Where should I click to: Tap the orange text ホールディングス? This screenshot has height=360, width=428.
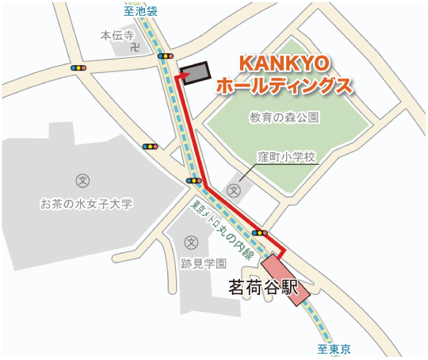[x=285, y=86]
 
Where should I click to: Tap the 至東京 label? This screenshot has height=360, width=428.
[x=334, y=349]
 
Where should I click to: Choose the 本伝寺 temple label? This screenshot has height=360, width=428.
[x=117, y=36]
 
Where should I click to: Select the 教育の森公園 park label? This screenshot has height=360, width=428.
[x=284, y=117]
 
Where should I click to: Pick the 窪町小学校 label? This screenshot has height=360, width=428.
[x=287, y=157]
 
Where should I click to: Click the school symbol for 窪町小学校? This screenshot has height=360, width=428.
[x=234, y=190]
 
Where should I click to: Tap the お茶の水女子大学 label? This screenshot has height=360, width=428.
[x=86, y=204]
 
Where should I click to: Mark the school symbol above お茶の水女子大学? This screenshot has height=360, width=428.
[x=82, y=180]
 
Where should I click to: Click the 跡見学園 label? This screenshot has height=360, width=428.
[x=204, y=263]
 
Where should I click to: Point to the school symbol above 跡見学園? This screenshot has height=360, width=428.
[x=190, y=242]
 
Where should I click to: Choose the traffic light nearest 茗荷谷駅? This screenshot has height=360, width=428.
[x=259, y=232]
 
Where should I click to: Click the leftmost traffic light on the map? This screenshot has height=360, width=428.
[x=78, y=68]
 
